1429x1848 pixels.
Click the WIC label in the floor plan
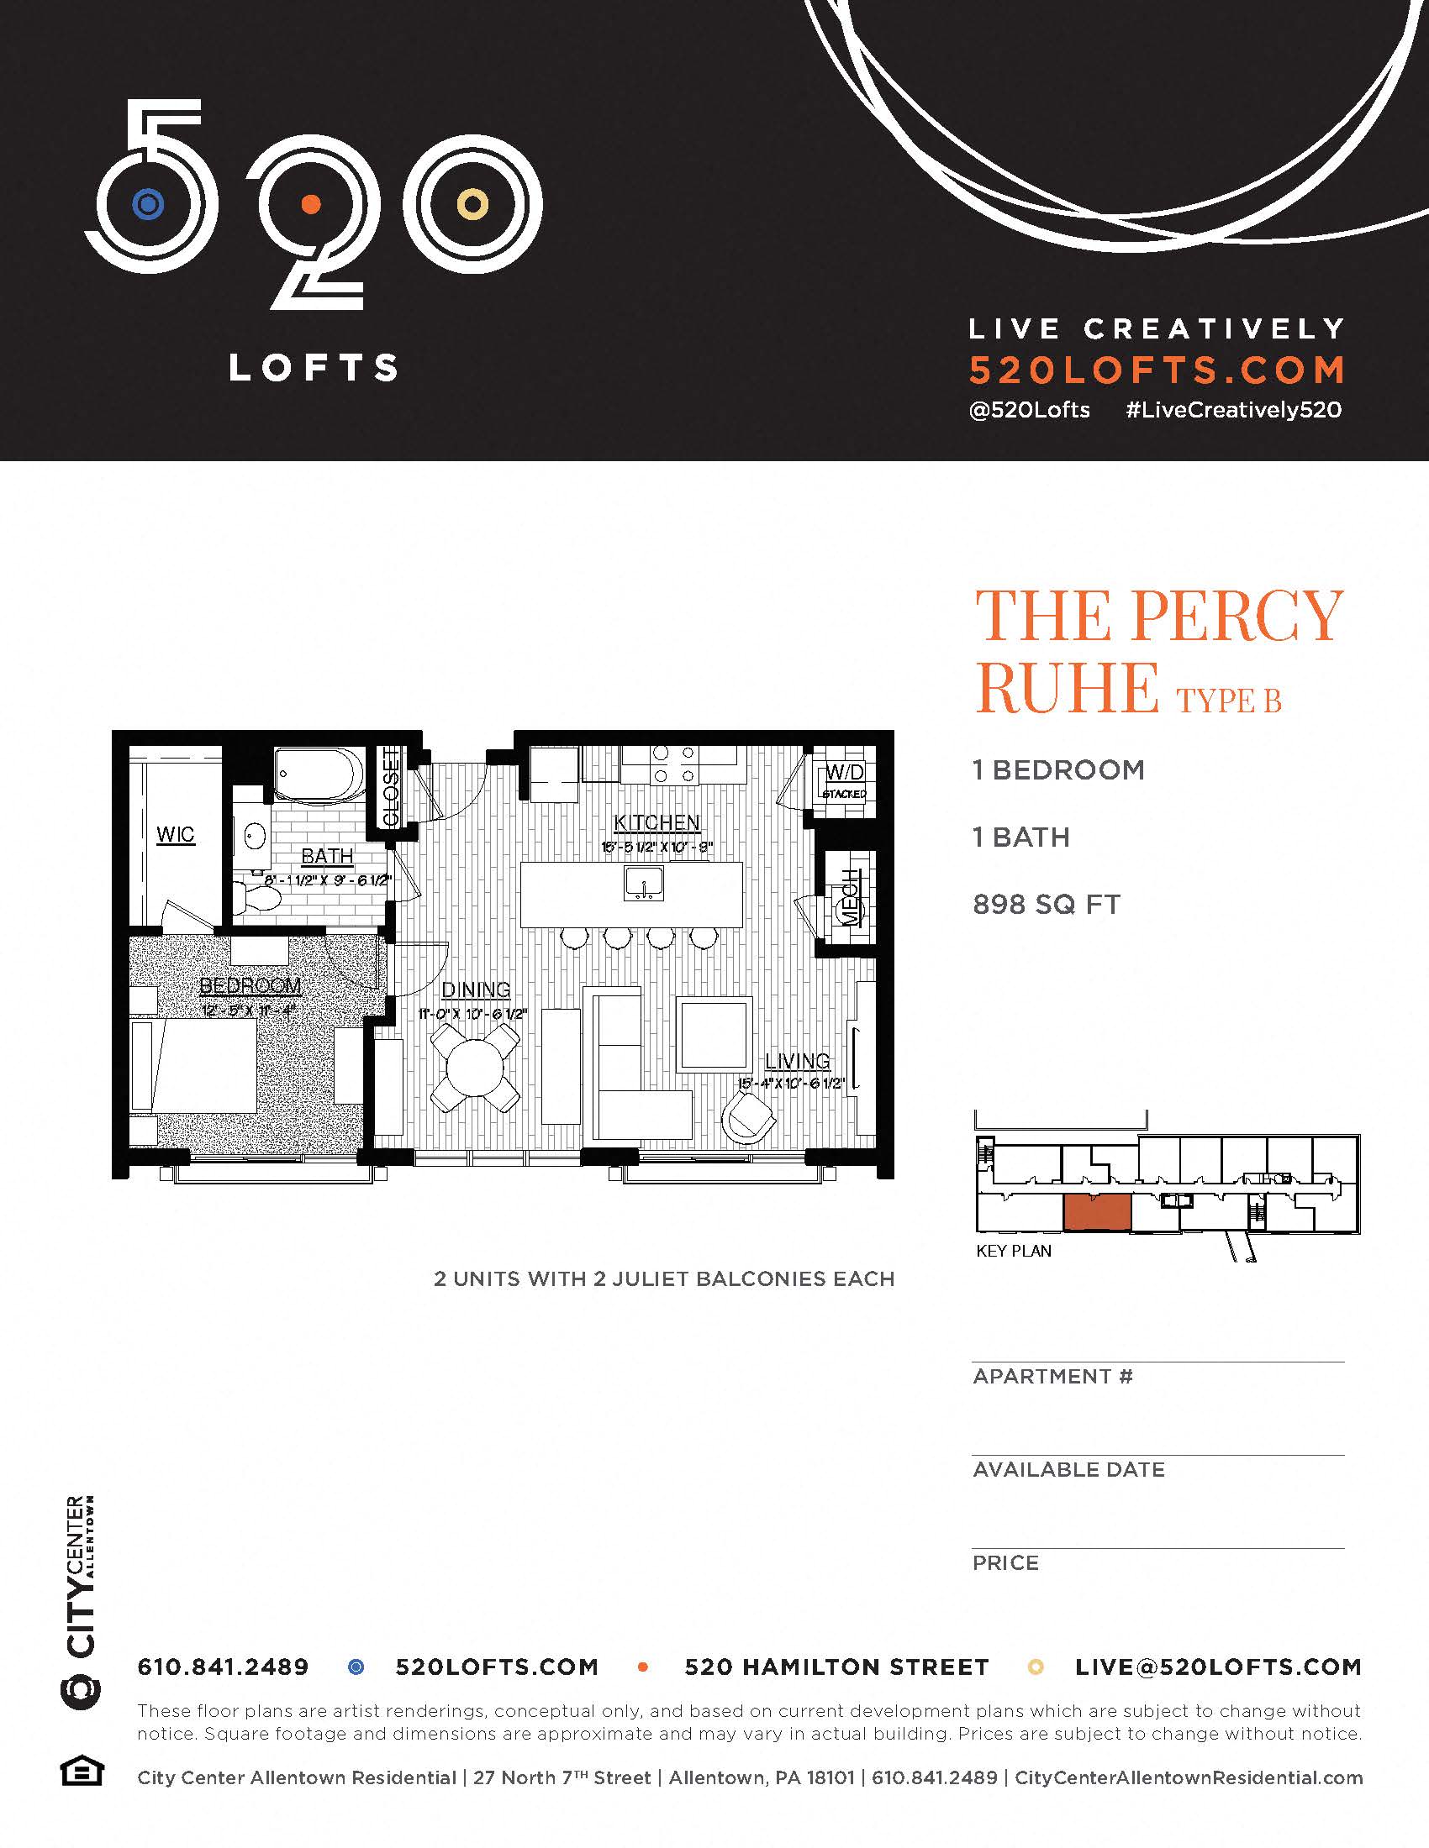click(x=175, y=834)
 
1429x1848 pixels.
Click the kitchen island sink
click(x=643, y=885)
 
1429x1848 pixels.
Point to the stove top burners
click(x=674, y=764)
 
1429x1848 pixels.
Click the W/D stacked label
click(x=844, y=780)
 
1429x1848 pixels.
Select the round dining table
click(x=475, y=1068)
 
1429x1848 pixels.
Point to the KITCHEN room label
click(x=657, y=822)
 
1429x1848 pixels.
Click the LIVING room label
click(x=797, y=1060)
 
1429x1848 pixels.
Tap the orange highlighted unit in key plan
click(x=1096, y=1211)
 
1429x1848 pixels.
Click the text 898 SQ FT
click(x=1047, y=905)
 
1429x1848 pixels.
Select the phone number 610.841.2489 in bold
click(x=223, y=1667)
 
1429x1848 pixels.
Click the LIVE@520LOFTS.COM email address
click(x=1218, y=1667)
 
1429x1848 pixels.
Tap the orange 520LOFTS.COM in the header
click(x=1157, y=370)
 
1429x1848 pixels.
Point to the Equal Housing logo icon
click(x=82, y=1771)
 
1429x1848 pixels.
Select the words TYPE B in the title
click(x=1228, y=701)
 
